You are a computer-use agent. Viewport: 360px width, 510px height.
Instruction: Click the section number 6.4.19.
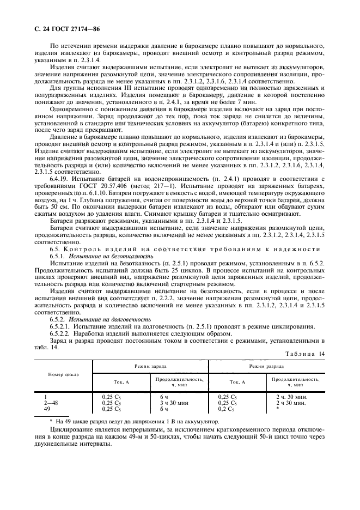pos(59,194)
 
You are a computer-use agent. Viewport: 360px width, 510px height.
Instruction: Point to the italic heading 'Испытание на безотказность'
pos(101,256)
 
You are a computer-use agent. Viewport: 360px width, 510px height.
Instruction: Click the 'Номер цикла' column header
pos(64,375)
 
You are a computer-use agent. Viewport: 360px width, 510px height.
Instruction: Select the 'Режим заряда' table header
pos(151,368)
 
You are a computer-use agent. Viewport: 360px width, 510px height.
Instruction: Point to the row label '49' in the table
pos(46,409)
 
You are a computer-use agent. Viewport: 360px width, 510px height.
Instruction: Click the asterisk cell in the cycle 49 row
pos(278,409)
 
